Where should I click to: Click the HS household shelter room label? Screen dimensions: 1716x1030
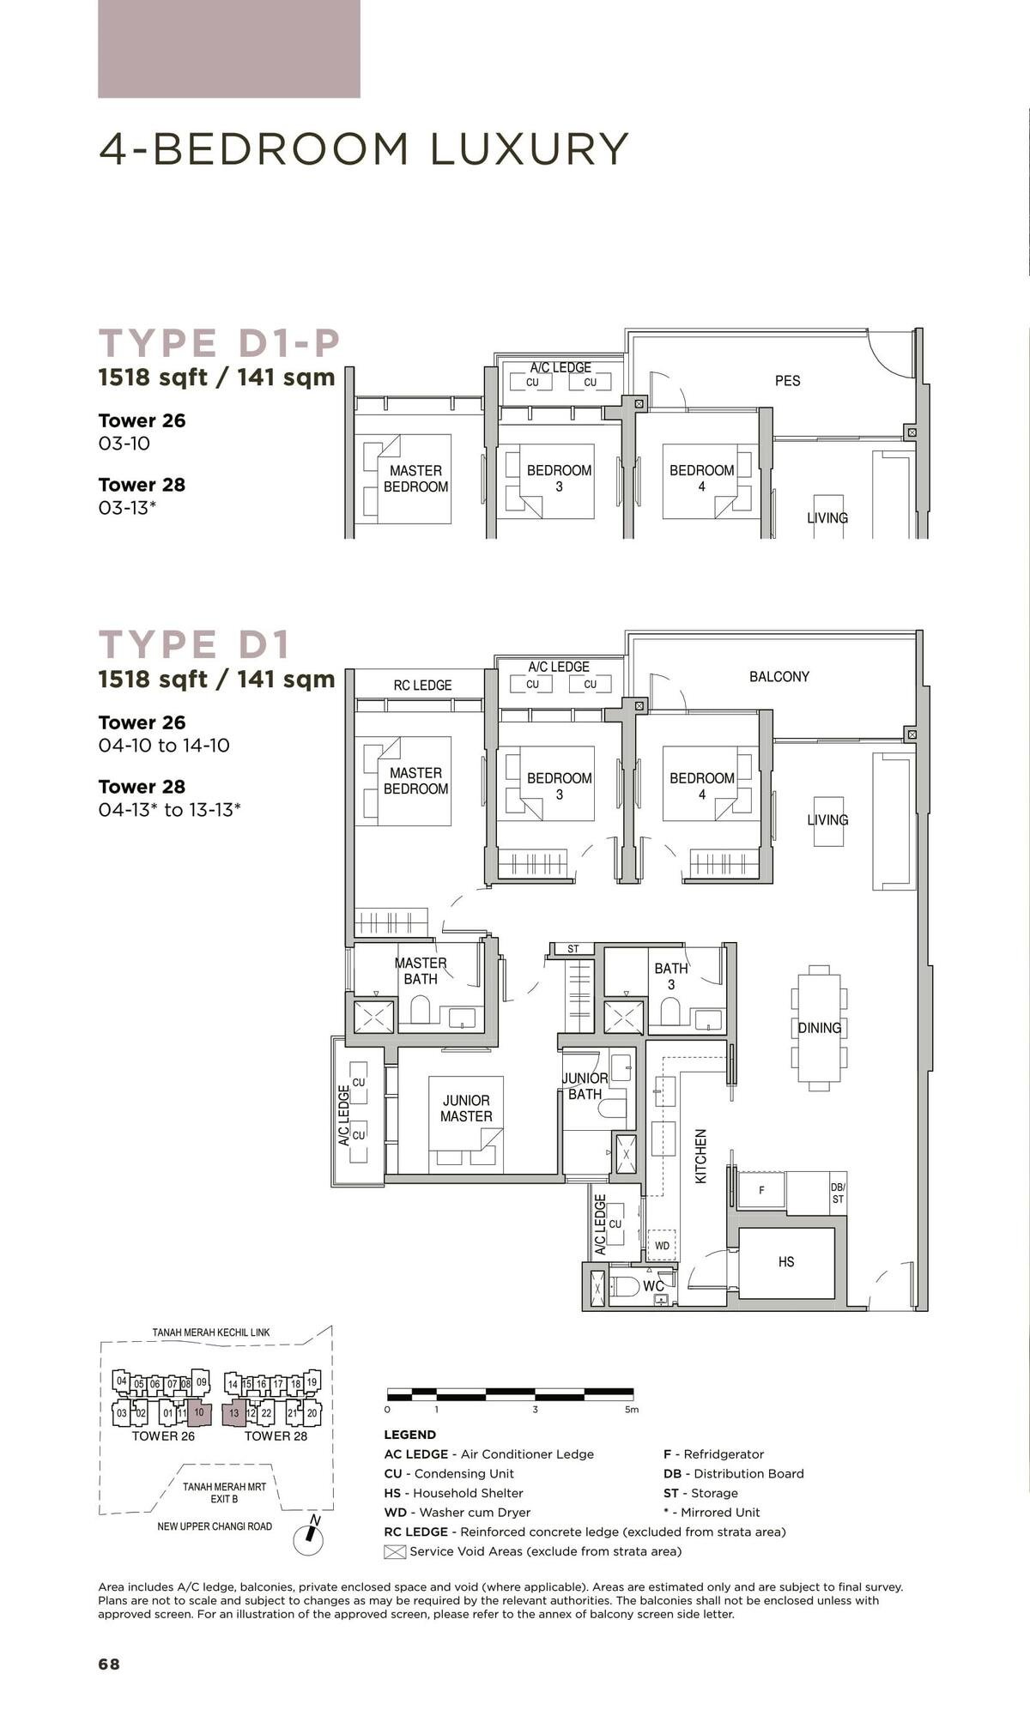(x=785, y=1261)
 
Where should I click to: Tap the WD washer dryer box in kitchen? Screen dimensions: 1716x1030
(x=662, y=1245)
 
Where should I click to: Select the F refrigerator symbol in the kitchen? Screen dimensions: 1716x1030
(x=761, y=1191)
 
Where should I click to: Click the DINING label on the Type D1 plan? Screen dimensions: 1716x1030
(x=819, y=1027)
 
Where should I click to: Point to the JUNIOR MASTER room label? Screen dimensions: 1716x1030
(x=466, y=1108)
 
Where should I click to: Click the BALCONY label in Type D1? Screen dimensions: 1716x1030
(x=779, y=676)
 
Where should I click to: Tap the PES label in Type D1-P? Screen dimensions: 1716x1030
(x=787, y=380)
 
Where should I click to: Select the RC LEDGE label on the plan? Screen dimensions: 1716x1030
(x=422, y=685)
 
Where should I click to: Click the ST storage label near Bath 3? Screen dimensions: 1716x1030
(x=573, y=949)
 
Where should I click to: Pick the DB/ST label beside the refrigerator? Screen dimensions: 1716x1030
(x=838, y=1193)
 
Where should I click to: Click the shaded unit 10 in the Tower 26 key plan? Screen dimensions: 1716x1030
(x=198, y=1412)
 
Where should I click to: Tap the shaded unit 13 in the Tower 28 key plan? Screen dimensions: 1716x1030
(x=233, y=1412)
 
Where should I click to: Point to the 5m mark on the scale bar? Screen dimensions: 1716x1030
(x=632, y=1409)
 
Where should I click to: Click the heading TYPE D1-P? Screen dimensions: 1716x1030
(x=220, y=343)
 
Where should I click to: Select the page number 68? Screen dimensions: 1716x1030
(x=109, y=1664)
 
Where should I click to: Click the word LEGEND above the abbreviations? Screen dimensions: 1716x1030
(x=409, y=1435)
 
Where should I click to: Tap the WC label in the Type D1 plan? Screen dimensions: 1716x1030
(x=652, y=1286)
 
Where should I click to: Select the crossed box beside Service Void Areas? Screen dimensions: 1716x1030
(x=394, y=1551)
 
